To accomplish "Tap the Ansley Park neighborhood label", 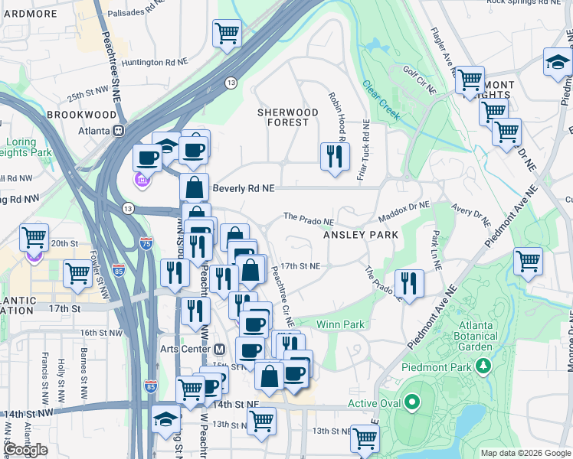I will [361, 235].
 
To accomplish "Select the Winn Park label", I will [340, 324].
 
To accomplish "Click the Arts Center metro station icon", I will [220, 349].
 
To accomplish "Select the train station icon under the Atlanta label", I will [119, 129].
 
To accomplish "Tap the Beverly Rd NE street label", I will [243, 187].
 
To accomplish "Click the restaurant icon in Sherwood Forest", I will [335, 157].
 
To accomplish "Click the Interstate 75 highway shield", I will [146, 243].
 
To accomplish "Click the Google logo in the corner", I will [25, 450].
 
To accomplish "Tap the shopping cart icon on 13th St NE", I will [365, 438].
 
